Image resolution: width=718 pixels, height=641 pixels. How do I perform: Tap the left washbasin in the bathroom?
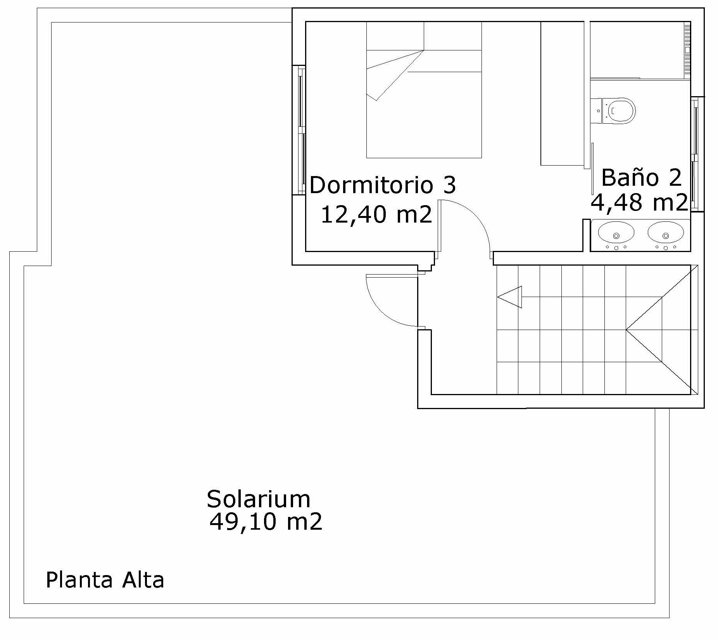[x=616, y=233]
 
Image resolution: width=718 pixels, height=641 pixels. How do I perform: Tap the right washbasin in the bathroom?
[x=666, y=233]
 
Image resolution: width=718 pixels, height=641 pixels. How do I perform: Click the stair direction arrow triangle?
[x=510, y=297]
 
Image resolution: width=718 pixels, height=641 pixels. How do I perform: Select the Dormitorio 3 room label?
[x=383, y=185]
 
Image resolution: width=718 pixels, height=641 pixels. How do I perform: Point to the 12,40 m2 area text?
[x=376, y=214]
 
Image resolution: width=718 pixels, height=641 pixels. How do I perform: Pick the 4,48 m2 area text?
[x=639, y=202]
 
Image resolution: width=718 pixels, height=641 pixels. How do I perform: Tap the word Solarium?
[x=259, y=499]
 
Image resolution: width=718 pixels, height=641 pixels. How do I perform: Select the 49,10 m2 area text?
[x=266, y=522]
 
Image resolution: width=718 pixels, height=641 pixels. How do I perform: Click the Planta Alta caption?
[x=105, y=580]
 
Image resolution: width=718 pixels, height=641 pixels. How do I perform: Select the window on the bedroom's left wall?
[x=299, y=130]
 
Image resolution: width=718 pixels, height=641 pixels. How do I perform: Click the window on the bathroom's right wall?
[x=697, y=154]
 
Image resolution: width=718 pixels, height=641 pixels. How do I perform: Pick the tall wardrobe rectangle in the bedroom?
[x=562, y=93]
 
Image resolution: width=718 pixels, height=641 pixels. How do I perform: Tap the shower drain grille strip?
[x=687, y=49]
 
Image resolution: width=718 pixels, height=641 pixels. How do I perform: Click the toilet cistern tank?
[x=596, y=111]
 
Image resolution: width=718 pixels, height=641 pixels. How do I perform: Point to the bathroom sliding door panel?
[x=592, y=169]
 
